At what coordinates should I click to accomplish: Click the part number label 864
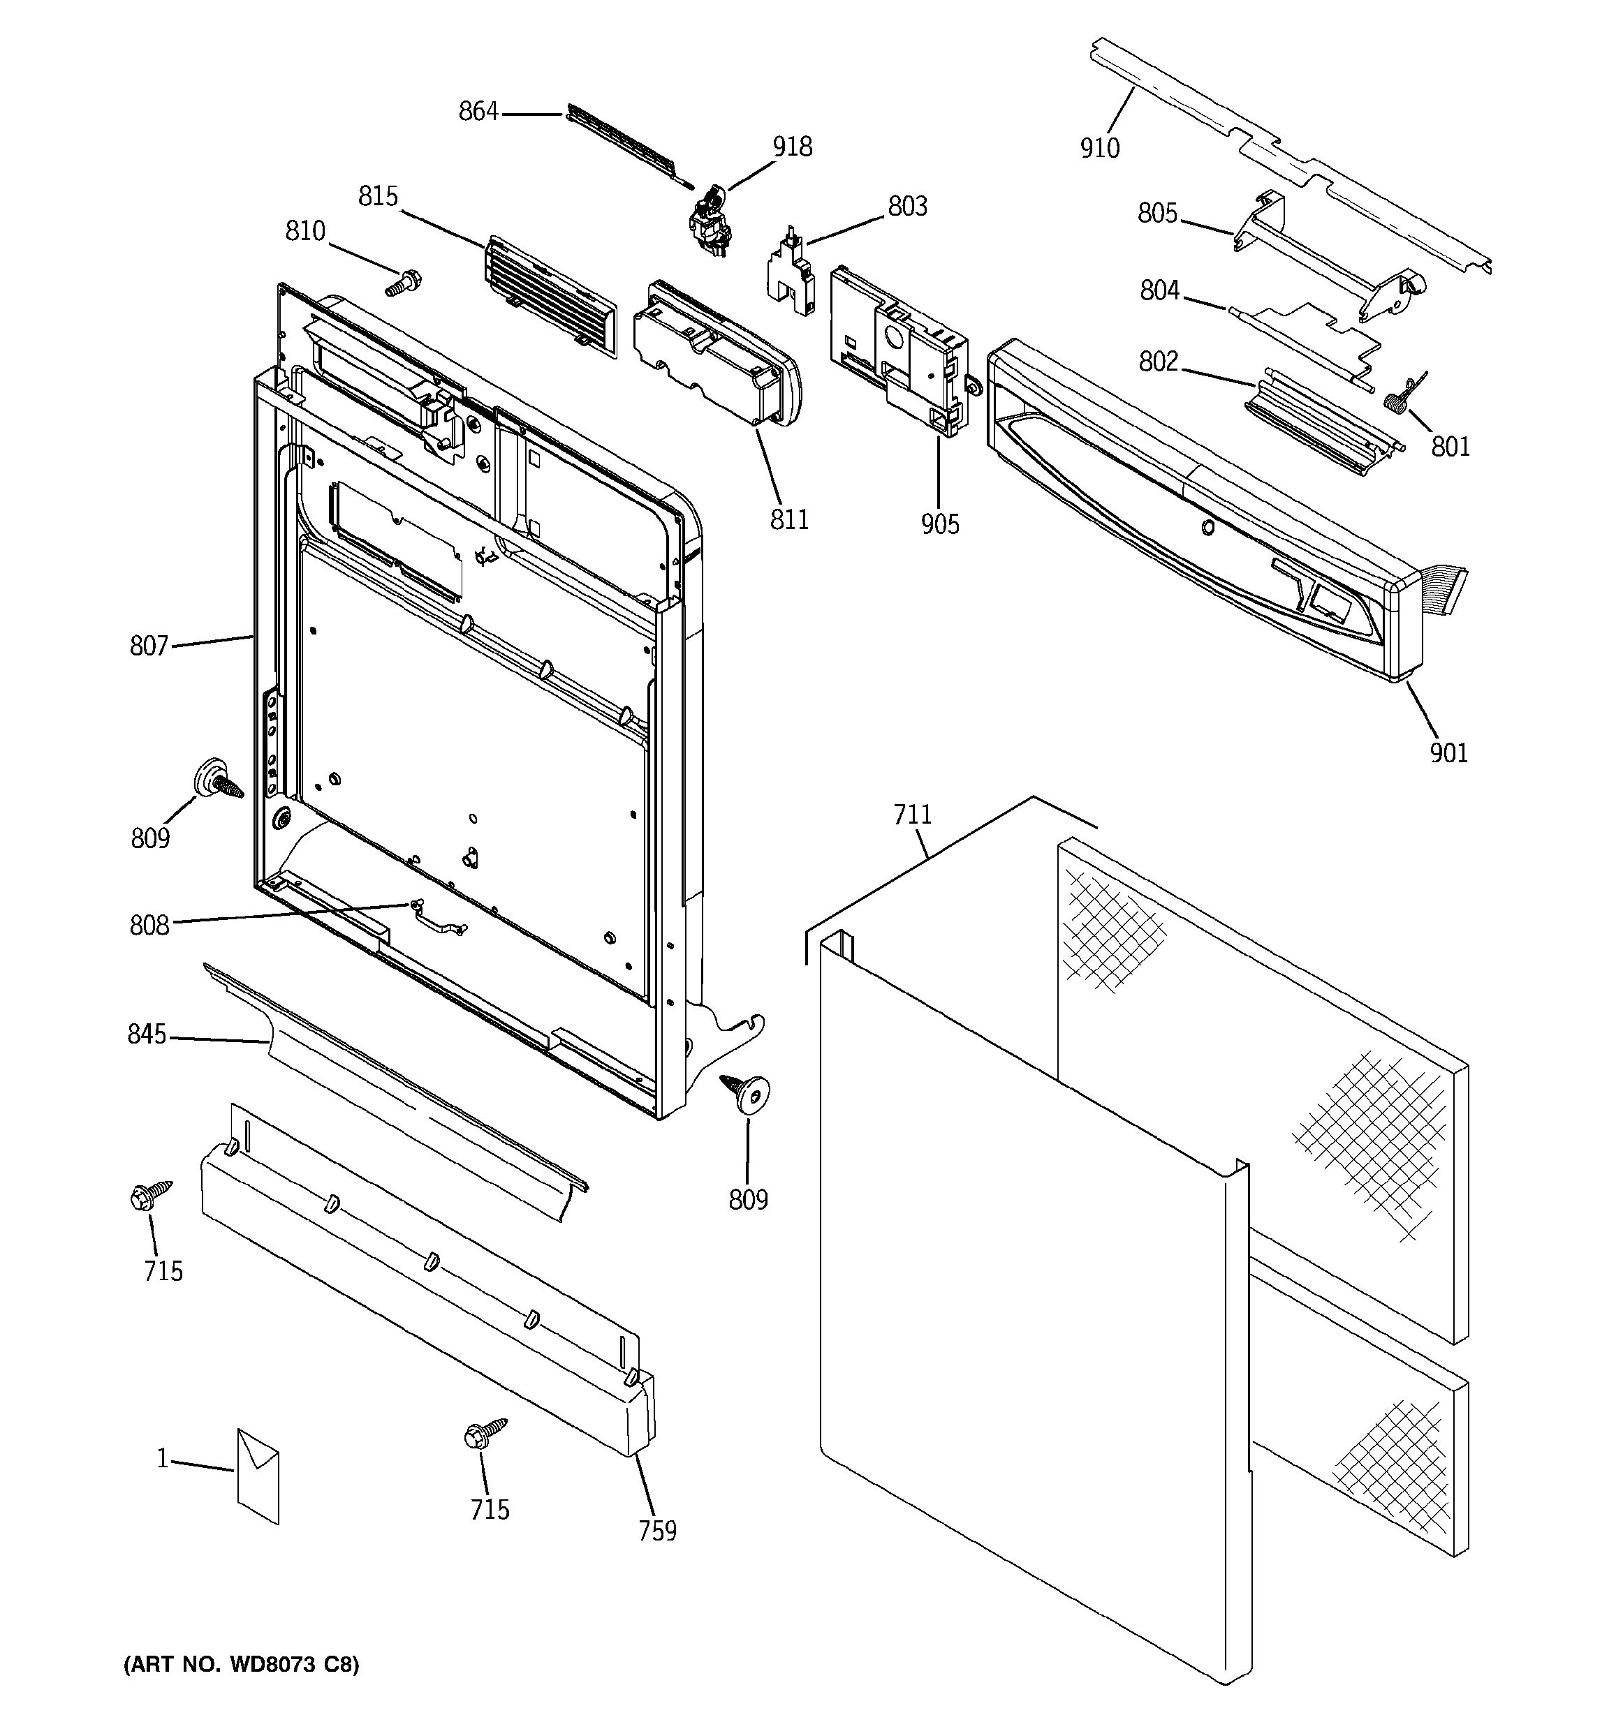pos(478,112)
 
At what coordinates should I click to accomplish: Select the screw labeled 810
pos(403,283)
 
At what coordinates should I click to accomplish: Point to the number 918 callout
pos(792,147)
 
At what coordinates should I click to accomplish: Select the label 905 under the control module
pos(939,524)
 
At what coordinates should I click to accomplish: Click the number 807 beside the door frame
pos(148,646)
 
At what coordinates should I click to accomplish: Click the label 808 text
pos(149,926)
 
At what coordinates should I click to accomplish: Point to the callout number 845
pos(147,1035)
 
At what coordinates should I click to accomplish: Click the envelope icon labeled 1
pos(258,1476)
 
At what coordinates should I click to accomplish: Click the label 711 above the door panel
pos(913,815)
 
